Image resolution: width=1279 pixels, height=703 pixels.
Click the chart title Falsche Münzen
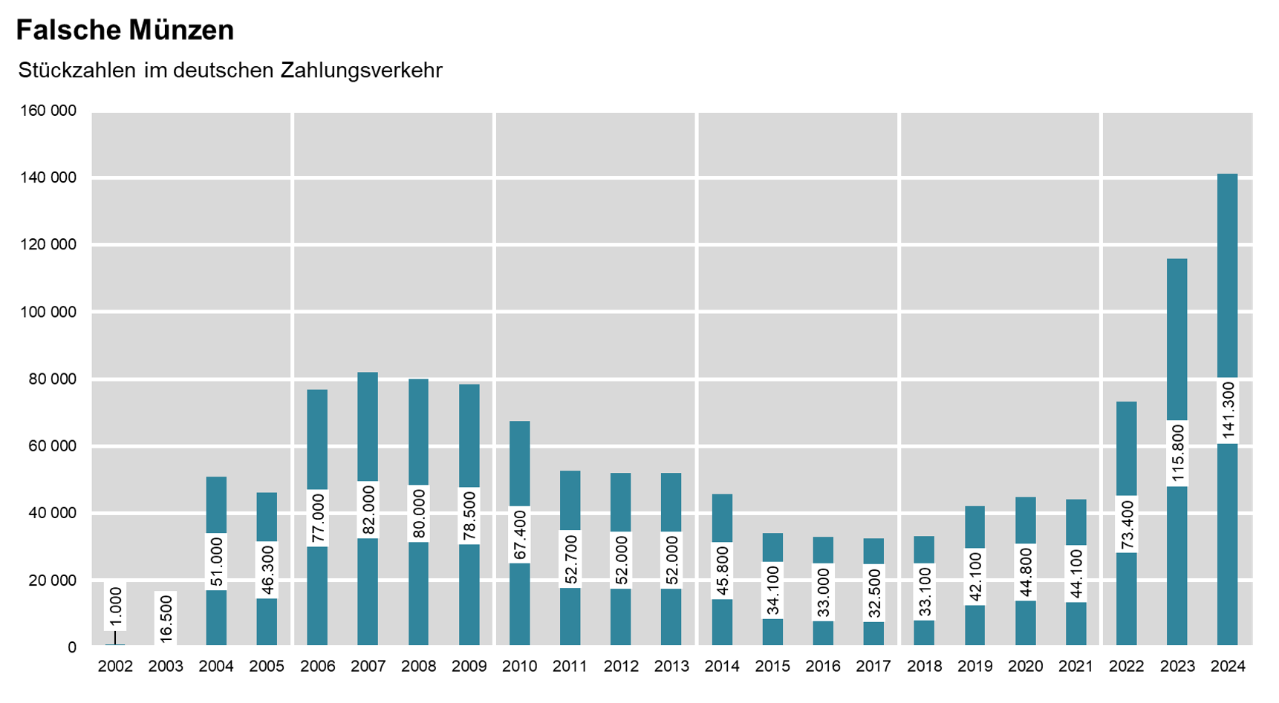pos(125,30)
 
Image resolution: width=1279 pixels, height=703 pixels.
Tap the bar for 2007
pos(368,431)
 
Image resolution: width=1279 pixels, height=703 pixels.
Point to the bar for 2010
pos(519,460)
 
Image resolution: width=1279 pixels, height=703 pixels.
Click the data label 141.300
pos(1228,411)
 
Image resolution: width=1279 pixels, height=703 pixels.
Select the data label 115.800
pos(1177,454)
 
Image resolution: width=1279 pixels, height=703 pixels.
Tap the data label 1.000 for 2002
pos(115,607)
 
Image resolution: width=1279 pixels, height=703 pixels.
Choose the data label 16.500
pos(166,618)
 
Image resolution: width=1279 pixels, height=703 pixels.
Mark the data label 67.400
pos(519,534)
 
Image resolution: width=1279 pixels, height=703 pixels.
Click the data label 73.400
pos(1127,524)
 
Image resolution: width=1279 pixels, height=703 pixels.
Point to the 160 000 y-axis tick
pos(48,111)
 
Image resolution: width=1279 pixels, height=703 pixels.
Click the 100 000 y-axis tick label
pos(48,313)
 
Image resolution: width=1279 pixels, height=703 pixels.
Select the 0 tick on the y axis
pos(72,647)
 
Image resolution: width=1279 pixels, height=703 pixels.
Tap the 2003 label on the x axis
pos(166,667)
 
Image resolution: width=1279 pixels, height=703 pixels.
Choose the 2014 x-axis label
pos(722,667)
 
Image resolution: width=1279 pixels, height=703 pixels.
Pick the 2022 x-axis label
pos(1127,667)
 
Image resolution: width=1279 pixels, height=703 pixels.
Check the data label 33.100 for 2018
pos(924,592)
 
